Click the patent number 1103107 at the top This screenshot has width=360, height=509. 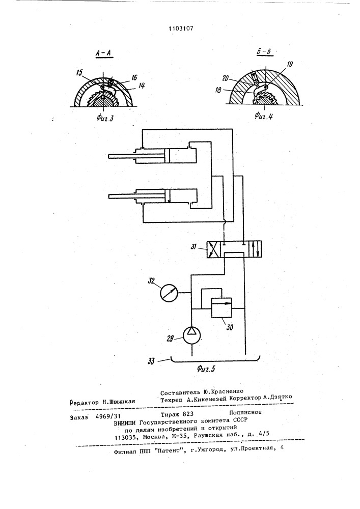click(181, 28)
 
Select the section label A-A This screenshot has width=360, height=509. click(104, 53)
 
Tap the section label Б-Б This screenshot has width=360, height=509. click(264, 52)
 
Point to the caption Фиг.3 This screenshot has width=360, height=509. click(105, 118)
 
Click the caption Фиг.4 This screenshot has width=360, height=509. click(264, 115)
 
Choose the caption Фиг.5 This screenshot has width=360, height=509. click(206, 369)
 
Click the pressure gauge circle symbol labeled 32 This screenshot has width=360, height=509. click(170, 293)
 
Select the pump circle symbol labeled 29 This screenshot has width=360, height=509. click(191, 335)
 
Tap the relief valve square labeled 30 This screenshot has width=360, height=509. click(221, 308)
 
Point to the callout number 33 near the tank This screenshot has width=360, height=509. click(151, 361)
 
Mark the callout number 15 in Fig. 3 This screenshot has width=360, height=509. click(79, 73)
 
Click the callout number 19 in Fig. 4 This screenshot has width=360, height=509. click(290, 64)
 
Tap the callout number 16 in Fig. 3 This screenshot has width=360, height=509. click(134, 77)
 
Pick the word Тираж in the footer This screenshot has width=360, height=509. click(169, 414)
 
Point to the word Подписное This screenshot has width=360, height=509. click(245, 412)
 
